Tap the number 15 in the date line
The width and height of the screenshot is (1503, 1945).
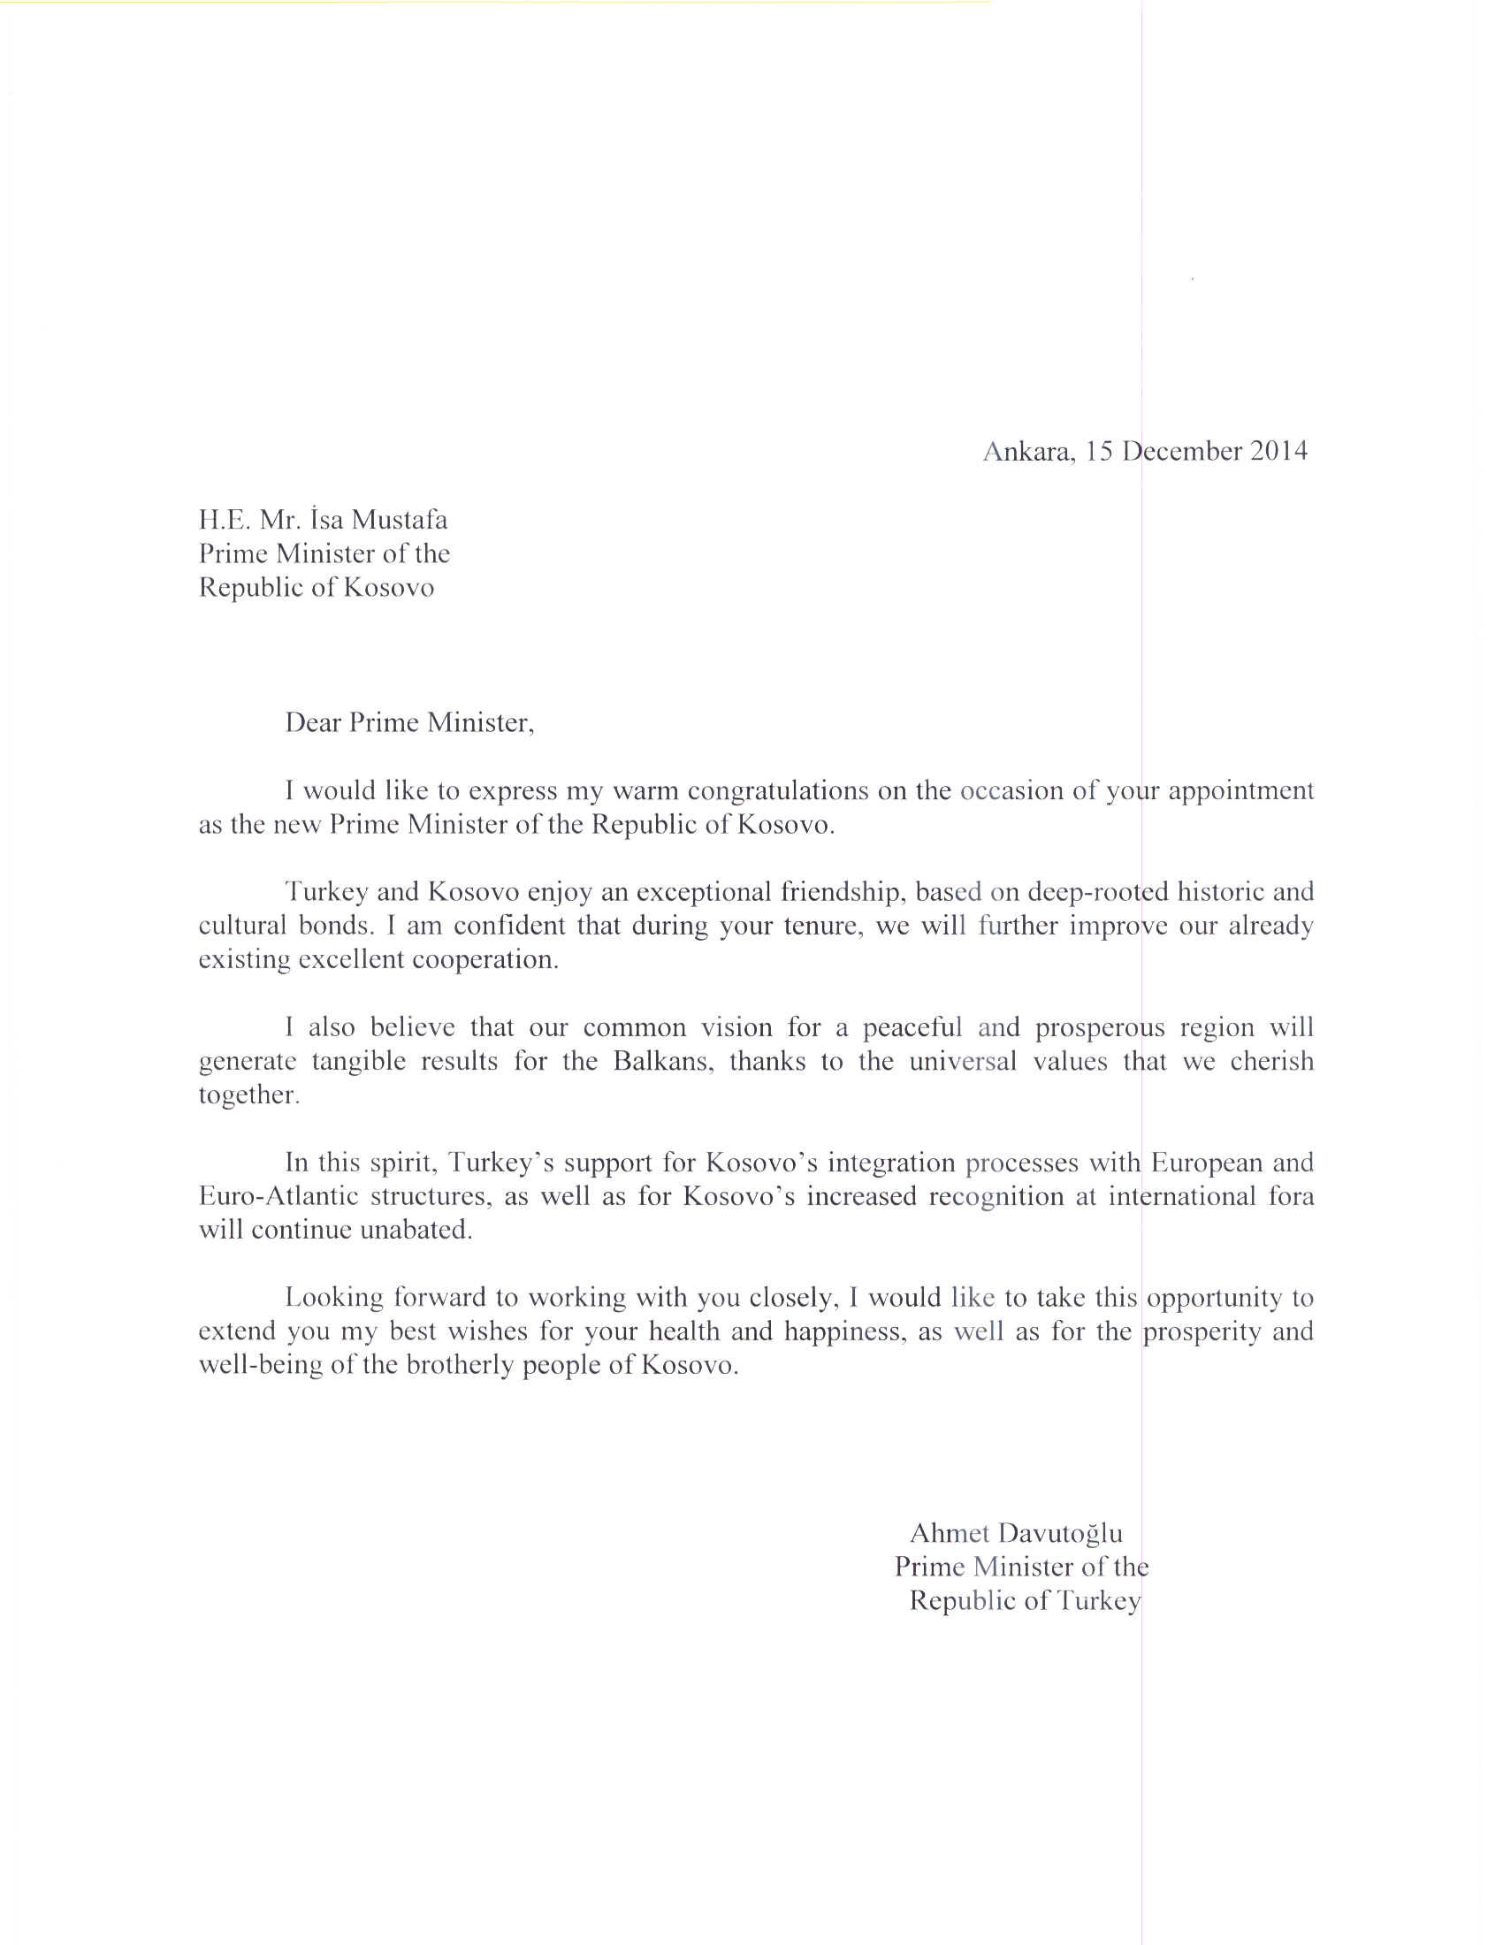(1100, 452)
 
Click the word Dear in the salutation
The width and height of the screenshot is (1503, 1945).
(314, 722)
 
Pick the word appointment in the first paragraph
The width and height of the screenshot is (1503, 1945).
(1240, 792)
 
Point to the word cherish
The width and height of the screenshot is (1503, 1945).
(1271, 1062)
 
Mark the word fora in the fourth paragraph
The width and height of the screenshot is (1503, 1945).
(1291, 1196)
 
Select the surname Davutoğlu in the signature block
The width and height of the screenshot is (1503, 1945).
(1060, 1533)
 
